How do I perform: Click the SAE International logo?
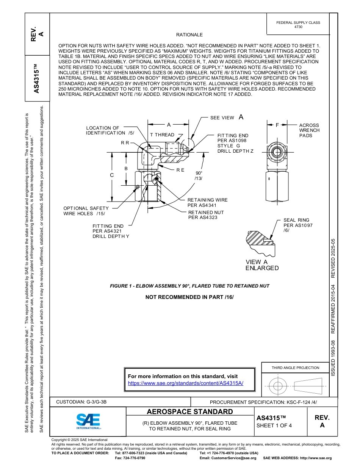[x=88, y=421]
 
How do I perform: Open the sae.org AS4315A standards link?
[x=186, y=383]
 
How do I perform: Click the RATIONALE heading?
[x=189, y=35]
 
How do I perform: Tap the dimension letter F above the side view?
[x=277, y=125]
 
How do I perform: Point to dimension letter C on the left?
[x=112, y=175]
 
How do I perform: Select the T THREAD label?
[x=162, y=135]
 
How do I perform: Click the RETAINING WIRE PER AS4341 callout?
[x=207, y=203]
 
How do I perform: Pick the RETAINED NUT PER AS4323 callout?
[x=206, y=215]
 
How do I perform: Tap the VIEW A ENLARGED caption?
[x=262, y=265]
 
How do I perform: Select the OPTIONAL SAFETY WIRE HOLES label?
[x=86, y=211]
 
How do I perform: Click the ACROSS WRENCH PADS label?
[x=309, y=130]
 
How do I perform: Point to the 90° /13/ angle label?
[x=199, y=175]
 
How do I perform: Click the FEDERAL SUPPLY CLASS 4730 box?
[x=298, y=25]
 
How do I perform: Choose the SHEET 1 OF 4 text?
[x=274, y=425]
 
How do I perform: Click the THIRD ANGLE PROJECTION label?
[x=295, y=367]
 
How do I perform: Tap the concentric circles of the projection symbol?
[x=278, y=386]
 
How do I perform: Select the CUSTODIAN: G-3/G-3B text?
[x=84, y=402]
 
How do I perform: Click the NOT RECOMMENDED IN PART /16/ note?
[x=189, y=297]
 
